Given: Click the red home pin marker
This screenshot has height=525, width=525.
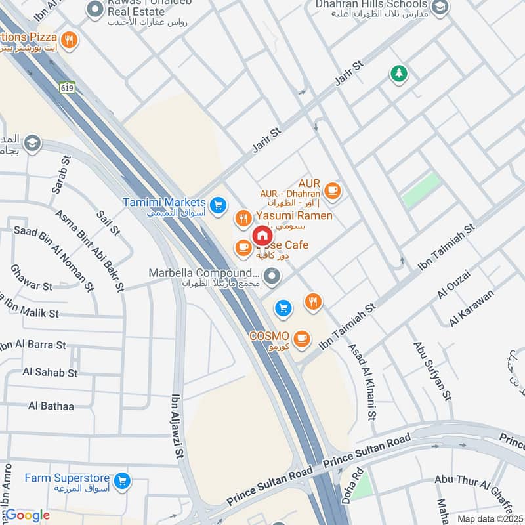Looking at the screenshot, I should pyautogui.click(x=262, y=236).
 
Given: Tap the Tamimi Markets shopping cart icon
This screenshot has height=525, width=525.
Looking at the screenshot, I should pyautogui.click(x=219, y=205).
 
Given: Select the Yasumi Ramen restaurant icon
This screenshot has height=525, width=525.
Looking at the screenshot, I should pyautogui.click(x=243, y=217).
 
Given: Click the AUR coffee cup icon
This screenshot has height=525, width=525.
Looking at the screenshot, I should pyautogui.click(x=333, y=190).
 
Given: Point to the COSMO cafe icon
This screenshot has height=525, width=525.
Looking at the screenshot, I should pyautogui.click(x=301, y=339).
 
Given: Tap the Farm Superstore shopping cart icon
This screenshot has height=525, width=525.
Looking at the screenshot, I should pyautogui.click(x=121, y=482).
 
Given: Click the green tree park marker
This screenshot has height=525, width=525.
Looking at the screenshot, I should pyautogui.click(x=398, y=73).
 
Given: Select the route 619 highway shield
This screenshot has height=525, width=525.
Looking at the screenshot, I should pyautogui.click(x=68, y=87).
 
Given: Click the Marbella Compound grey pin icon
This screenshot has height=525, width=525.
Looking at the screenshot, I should pyautogui.click(x=271, y=278).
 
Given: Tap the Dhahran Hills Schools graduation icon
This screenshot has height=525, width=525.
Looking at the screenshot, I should pyautogui.click(x=440, y=8).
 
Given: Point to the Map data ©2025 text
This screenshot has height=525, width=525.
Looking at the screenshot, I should pyautogui.click(x=488, y=518).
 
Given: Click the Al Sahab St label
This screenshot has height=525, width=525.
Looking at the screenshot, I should pyautogui.click(x=50, y=372).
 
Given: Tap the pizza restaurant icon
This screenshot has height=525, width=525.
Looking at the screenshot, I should pyautogui.click(x=69, y=40).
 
